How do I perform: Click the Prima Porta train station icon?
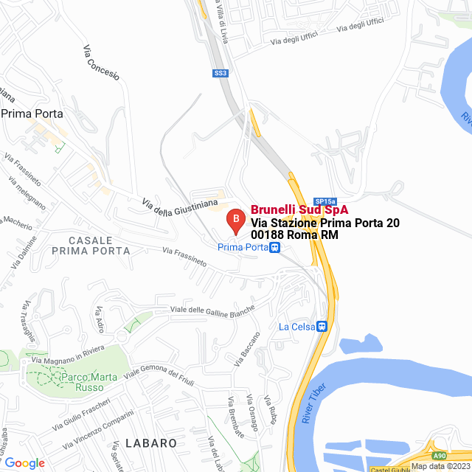[274, 248]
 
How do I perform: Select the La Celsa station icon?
[322, 326]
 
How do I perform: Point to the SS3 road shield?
[221, 73]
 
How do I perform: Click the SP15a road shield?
[324, 201]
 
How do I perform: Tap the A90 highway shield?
[439, 456]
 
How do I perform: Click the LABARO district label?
[151, 443]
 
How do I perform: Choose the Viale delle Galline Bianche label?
[213, 309]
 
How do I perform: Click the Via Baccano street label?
[250, 349]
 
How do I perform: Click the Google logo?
[24, 462]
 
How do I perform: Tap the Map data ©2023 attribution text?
[440, 466]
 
